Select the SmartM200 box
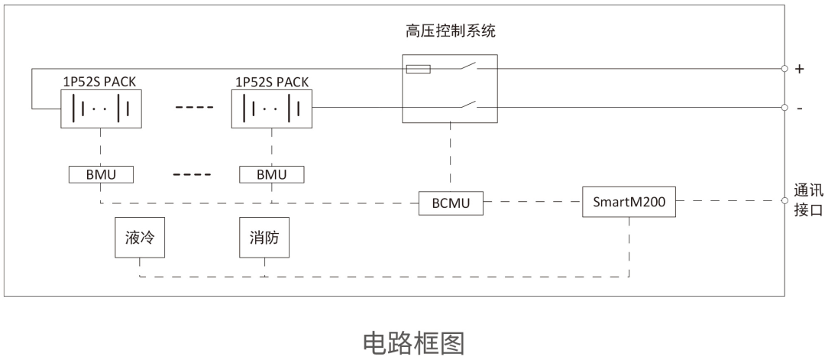click(x=628, y=203)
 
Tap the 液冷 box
click(x=140, y=238)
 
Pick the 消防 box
click(x=264, y=238)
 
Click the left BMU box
click(x=100, y=174)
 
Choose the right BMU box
click(x=271, y=174)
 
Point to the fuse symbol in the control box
click(x=419, y=69)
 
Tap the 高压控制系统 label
click(x=451, y=32)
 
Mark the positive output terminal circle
click(x=784, y=69)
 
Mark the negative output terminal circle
click(x=784, y=108)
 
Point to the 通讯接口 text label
click(x=807, y=202)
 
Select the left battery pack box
click(x=100, y=109)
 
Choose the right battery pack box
click(x=271, y=109)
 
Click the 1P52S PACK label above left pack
click(x=100, y=80)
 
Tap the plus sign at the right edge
click(x=800, y=69)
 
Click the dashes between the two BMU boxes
click(x=187, y=174)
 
